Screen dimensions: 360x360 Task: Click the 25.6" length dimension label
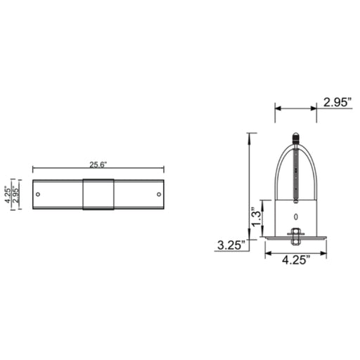(x=98, y=165)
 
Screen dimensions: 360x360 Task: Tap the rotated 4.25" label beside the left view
(x=8, y=195)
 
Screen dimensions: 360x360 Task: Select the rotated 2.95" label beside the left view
(x=16, y=195)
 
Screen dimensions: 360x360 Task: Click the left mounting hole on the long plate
(x=38, y=194)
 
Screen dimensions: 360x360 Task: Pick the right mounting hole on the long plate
(x=159, y=194)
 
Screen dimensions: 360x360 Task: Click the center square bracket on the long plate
(x=98, y=194)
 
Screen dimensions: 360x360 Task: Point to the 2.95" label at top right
(x=337, y=103)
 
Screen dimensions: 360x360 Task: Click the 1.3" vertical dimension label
(x=256, y=217)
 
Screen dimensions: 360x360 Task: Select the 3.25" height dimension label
(x=231, y=245)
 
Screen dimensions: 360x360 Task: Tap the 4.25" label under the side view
(x=296, y=260)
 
